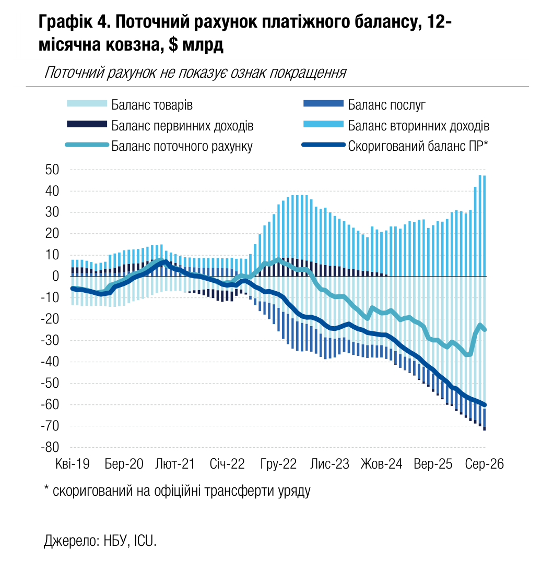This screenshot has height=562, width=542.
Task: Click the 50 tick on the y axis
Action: click(x=52, y=170)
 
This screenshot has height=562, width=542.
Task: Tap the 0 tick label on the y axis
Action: click(x=55, y=277)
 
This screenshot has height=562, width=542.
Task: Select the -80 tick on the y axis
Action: click(x=50, y=447)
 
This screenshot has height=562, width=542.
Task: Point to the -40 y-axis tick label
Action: click(x=50, y=362)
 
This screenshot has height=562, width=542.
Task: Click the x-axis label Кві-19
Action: click(x=73, y=464)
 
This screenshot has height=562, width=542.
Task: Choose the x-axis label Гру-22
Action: click(x=278, y=464)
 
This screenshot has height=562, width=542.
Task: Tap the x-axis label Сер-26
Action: click(x=484, y=464)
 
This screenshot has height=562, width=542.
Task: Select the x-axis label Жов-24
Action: click(x=381, y=464)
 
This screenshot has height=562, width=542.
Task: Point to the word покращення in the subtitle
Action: click(x=308, y=73)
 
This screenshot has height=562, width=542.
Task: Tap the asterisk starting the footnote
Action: click(x=46, y=488)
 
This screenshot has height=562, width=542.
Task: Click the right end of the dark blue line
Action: click(x=485, y=405)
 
